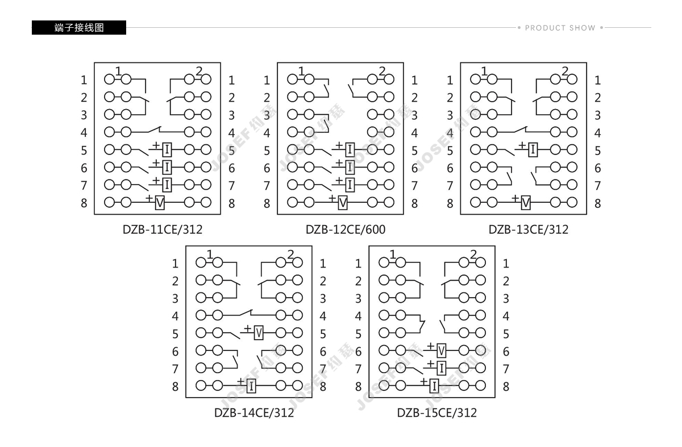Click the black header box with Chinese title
[79, 28]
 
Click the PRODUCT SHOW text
[560, 28]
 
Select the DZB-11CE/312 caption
[163, 229]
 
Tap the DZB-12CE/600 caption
[346, 229]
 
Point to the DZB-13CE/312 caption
[528, 229]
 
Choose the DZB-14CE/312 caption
[254, 412]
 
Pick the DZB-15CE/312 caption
[436, 412]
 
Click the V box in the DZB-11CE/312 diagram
[160, 203]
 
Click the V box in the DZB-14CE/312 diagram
[259, 333]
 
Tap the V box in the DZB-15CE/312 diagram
[441, 351]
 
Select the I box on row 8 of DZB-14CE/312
[251, 386]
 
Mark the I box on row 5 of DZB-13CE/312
[533, 150]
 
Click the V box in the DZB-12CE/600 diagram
[343, 203]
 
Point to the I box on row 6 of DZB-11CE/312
[167, 168]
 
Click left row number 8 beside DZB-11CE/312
[84, 203]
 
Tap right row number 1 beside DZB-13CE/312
[598, 80]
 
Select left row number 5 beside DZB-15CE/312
[359, 334]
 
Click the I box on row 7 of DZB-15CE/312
[441, 369]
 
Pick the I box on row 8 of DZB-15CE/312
[434, 386]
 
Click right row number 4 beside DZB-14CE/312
[323, 316]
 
